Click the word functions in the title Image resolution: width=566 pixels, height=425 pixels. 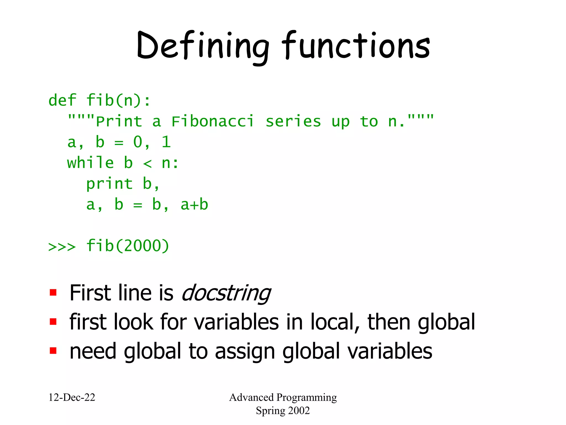tap(356, 46)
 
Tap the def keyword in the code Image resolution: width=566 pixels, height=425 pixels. tap(62, 100)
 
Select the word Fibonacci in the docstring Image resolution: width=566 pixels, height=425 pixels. tap(212, 122)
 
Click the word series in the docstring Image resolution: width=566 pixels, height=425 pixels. tap(293, 122)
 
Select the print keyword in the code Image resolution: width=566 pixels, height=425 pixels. tap(109, 184)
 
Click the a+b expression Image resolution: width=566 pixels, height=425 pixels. tap(194, 205)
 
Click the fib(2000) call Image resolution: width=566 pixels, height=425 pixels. tap(127, 246)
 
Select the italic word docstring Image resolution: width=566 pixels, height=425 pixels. tap(226, 293)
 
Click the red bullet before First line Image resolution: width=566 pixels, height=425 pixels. tap(53, 293)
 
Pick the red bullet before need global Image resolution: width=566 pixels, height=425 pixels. tap(53, 351)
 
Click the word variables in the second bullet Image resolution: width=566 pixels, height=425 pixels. tap(236, 322)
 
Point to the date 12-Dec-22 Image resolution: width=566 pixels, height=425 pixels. tap(72, 398)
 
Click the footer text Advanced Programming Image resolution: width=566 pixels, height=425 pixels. tap(283, 398)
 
